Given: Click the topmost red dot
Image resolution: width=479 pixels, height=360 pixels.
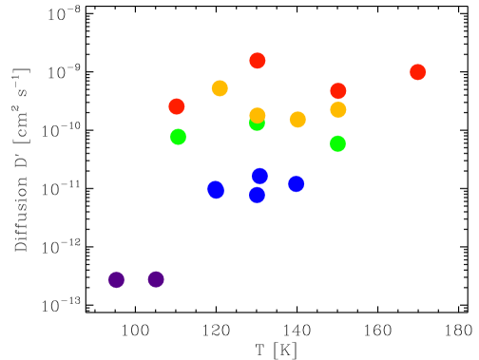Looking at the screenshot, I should click(258, 61).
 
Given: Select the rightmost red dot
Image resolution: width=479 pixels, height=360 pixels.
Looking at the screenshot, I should click(417, 72).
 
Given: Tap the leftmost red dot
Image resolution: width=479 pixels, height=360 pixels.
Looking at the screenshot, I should click(177, 106).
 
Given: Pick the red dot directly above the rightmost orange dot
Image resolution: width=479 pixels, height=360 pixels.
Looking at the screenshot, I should click(338, 91).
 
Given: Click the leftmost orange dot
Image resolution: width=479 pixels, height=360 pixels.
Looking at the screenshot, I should click(220, 88).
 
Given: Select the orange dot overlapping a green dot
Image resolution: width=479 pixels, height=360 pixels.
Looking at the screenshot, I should click(258, 116).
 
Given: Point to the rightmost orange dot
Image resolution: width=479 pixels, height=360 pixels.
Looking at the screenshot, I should click(338, 110).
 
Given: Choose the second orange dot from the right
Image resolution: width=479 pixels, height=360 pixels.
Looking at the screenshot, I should click(297, 120).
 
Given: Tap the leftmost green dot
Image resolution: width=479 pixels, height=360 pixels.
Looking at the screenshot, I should click(178, 137).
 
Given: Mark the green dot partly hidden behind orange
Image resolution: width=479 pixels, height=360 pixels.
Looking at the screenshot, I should click(257, 124).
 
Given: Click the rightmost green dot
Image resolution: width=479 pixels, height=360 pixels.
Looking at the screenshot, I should click(337, 143).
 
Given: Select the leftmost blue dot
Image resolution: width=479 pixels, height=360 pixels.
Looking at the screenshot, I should click(216, 189).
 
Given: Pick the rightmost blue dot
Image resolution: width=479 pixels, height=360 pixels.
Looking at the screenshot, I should click(297, 183).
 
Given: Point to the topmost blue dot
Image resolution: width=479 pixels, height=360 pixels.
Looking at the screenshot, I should click(260, 176).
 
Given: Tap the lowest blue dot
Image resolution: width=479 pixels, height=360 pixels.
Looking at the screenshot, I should click(257, 195).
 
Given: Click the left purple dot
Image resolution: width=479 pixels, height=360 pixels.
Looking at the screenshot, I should click(116, 279).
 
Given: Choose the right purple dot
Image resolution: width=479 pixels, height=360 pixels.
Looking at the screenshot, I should click(156, 279).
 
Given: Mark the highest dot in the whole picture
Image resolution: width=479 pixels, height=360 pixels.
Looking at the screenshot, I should click(258, 61).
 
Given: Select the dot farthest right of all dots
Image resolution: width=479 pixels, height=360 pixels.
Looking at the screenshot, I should click(417, 72).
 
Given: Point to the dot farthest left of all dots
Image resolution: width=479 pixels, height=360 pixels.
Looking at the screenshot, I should click(116, 279).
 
